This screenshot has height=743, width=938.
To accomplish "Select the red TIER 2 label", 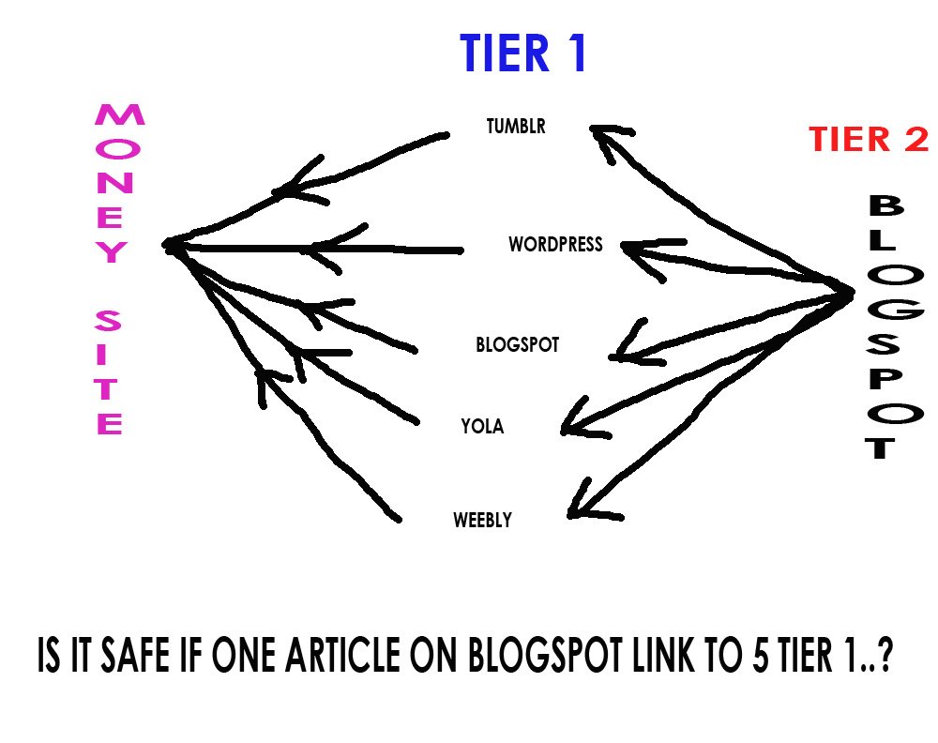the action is [869, 140].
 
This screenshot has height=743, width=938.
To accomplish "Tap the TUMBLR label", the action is [516, 126].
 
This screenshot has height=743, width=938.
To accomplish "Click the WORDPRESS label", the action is [555, 245].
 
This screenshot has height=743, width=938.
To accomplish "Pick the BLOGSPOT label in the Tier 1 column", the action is [517, 345].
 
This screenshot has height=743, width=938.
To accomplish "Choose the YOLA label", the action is [482, 427].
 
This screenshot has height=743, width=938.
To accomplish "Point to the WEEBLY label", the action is [482, 520].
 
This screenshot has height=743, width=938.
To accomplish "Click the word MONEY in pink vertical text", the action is [117, 184].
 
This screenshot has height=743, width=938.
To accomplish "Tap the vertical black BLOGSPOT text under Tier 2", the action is [888, 327].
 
